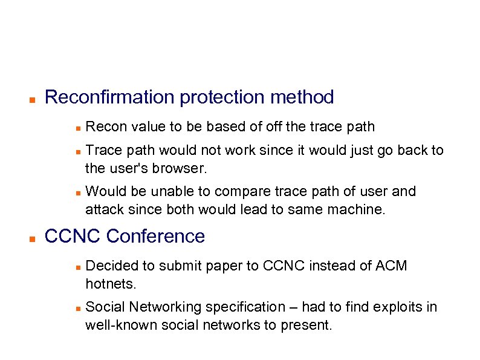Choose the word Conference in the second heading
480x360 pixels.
click(x=155, y=236)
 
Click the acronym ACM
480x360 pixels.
click(x=392, y=266)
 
